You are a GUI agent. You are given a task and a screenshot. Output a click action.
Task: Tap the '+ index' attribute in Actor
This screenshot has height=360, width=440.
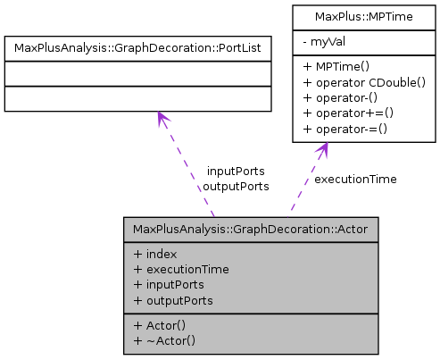[154, 254]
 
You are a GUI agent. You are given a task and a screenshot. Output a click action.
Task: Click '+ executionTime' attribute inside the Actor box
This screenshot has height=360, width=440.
[181, 269]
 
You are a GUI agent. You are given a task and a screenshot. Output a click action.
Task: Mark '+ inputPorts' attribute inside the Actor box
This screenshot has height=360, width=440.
[169, 284]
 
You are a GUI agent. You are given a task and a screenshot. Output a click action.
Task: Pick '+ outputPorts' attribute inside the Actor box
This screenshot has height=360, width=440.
[173, 299]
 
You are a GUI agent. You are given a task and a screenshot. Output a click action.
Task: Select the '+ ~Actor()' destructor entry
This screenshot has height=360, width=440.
[164, 339]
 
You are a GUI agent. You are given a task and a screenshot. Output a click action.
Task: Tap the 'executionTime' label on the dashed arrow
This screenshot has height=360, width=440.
[355, 179]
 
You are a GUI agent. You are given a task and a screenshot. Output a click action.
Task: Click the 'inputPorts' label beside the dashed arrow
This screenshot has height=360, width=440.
[236, 171]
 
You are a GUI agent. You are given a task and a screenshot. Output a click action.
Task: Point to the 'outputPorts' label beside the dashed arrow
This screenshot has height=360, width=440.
[236, 186]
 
